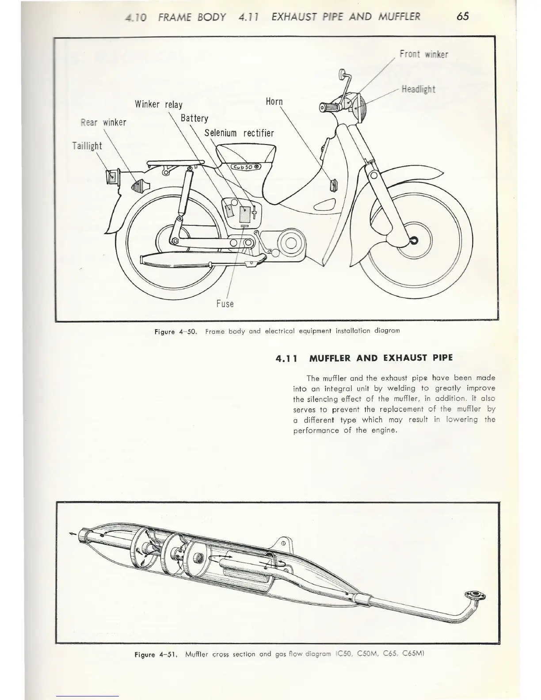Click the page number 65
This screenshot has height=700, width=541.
463,16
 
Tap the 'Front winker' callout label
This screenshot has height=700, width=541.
423,54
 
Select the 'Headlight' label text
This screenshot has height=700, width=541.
418,89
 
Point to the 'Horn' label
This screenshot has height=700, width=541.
274,101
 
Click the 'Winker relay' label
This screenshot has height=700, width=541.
159,105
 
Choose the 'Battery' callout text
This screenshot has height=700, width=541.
194,118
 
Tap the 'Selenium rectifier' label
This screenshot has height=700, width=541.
239,133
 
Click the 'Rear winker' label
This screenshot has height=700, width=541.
103,122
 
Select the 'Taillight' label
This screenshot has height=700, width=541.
87,146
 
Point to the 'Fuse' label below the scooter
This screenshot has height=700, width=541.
225,304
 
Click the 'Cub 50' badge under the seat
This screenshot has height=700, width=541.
246,167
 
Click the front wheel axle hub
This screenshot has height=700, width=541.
414,240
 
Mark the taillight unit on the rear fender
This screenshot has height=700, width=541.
111,176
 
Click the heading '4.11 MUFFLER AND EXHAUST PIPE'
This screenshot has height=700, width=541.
364,358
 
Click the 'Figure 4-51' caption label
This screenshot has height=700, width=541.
157,654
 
